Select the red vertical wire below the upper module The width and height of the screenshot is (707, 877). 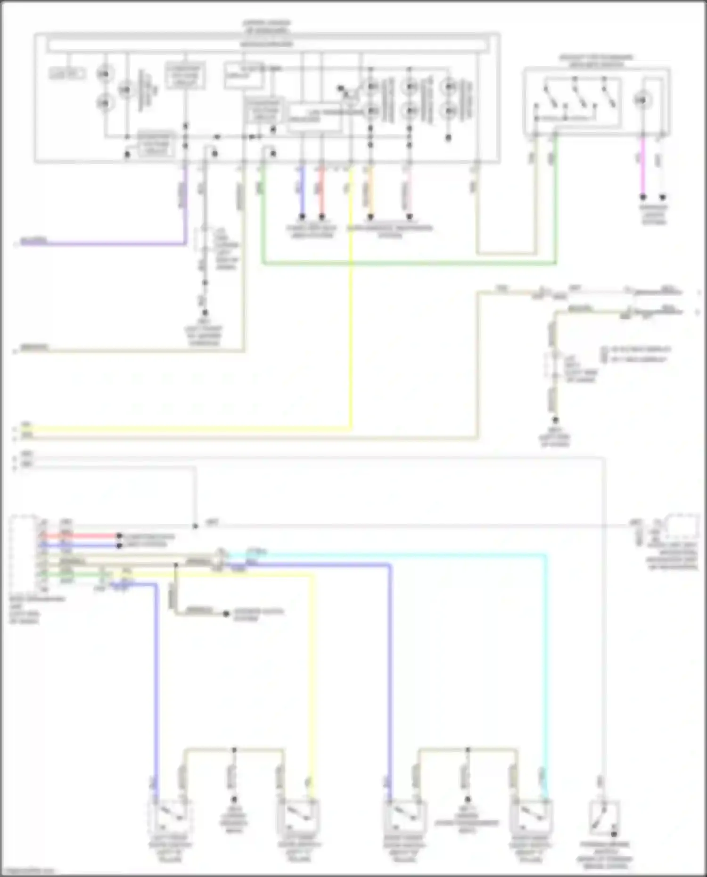(322, 189)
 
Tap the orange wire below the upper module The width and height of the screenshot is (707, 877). (370, 189)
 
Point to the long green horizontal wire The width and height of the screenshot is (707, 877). (405, 263)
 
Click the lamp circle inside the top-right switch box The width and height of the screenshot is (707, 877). (642, 100)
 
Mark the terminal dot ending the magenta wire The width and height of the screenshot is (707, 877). (642, 197)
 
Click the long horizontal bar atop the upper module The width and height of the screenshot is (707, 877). (267, 45)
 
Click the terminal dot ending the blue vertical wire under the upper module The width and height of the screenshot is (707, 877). (302, 217)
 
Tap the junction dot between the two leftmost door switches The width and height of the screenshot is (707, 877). (234, 749)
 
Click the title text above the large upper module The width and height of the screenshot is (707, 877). (266, 26)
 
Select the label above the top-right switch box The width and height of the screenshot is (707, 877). (596, 61)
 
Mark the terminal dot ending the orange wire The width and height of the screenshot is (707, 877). (370, 217)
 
